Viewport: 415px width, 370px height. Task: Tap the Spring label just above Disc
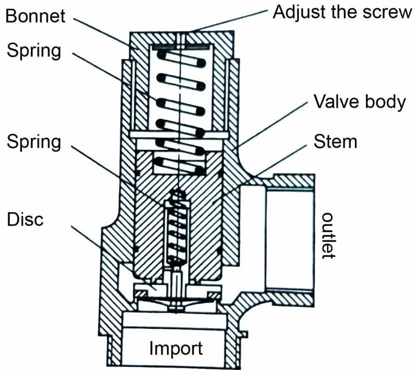click(34, 142)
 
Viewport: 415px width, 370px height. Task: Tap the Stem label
click(335, 140)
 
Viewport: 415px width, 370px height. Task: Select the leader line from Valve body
click(272, 128)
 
